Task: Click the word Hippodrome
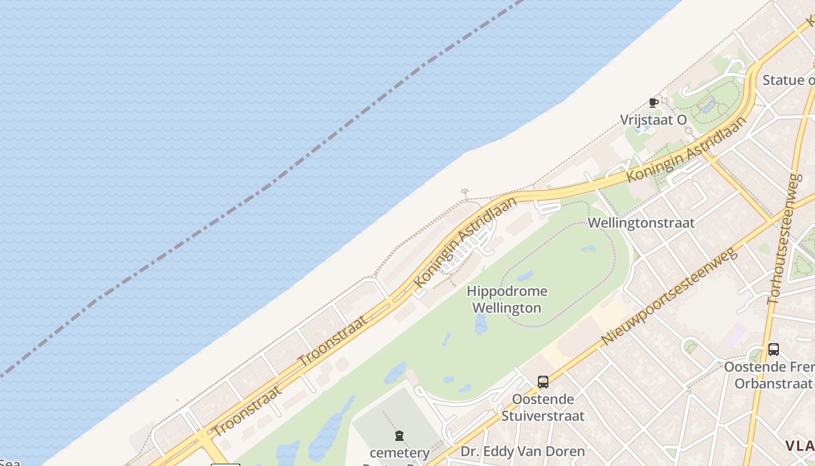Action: click(x=507, y=291)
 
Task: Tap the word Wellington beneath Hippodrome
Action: click(x=507, y=308)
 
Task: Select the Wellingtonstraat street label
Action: click(x=641, y=223)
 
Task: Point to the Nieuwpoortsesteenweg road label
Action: click(x=669, y=296)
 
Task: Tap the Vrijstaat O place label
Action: click(x=653, y=120)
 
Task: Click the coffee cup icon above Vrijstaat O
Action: click(x=654, y=103)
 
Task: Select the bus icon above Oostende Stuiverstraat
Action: click(x=543, y=382)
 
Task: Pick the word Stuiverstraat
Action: click(x=543, y=416)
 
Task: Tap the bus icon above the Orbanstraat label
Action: click(x=773, y=349)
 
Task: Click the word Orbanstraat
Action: click(x=773, y=383)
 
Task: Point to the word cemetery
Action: click(x=400, y=453)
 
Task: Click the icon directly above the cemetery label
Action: click(x=399, y=435)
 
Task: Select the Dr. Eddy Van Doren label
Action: click(x=523, y=451)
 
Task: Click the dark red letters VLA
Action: click(x=800, y=446)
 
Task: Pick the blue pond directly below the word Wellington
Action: click(x=481, y=324)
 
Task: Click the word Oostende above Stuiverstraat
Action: click(x=543, y=400)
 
